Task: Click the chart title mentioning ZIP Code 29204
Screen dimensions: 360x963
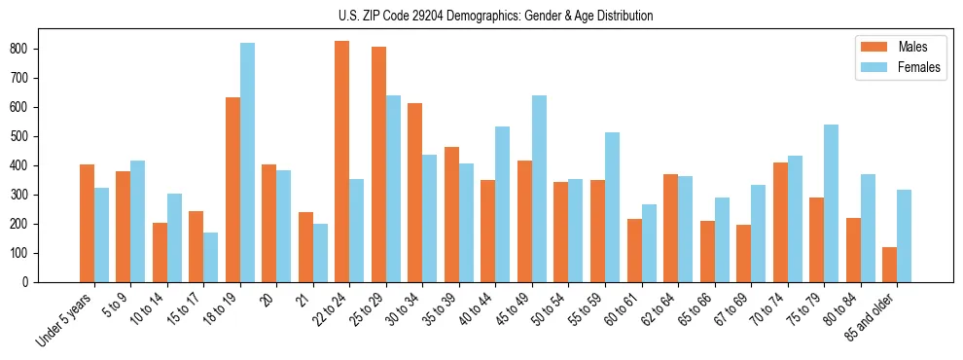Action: (481, 17)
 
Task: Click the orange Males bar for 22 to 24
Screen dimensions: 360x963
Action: (342, 162)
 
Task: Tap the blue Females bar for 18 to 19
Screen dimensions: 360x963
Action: (247, 162)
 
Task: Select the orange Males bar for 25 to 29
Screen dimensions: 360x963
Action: (378, 164)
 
